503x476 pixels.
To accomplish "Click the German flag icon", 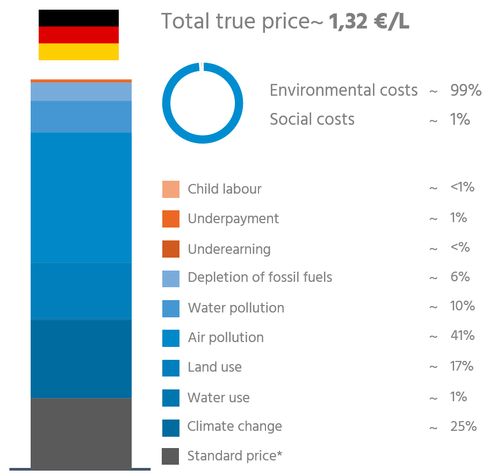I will coord(78,35).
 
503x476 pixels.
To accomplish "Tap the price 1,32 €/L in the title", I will coord(369,22).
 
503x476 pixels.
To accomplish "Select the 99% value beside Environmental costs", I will coord(465,90).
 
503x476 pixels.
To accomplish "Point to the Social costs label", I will coord(312,119).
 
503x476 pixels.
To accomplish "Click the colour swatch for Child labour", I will coord(170,189).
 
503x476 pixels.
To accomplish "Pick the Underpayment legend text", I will coord(233,219).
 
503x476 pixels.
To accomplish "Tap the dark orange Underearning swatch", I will coord(170,249).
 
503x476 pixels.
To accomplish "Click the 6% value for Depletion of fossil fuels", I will coord(459,277).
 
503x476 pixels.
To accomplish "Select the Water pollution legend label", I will coord(236,308).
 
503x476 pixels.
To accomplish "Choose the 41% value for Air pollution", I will coord(462,336).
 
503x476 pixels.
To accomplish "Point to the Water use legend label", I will coord(218,398).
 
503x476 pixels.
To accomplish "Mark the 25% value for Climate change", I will coord(463,427).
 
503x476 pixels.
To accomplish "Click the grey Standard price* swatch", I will coord(170,456).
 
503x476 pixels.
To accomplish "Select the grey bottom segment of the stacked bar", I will coord(81,433).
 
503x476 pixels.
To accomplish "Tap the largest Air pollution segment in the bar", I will coord(81,197).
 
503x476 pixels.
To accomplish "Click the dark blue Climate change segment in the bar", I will coord(81,359).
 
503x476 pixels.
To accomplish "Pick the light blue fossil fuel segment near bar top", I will coord(81,92).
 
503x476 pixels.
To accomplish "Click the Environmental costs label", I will coord(343,90).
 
